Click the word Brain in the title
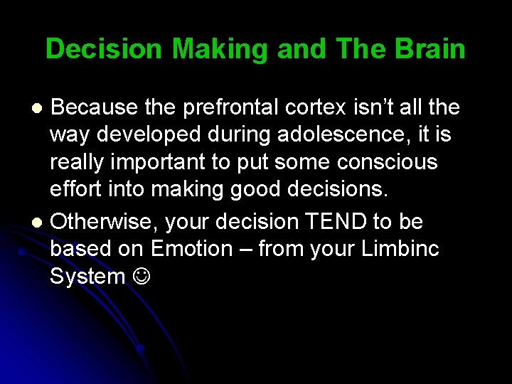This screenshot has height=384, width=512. click(x=430, y=49)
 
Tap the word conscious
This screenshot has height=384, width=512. click(x=388, y=162)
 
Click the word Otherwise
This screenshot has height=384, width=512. click(x=105, y=222)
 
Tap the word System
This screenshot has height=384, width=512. click(x=87, y=276)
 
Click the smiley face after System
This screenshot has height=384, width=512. click(x=141, y=276)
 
